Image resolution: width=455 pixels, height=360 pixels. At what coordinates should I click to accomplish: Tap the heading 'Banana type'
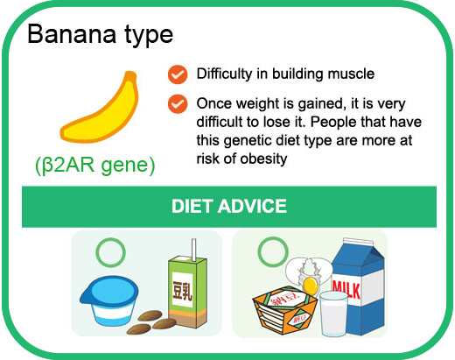(101, 35)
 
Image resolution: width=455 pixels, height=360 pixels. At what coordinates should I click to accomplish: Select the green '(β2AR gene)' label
(95, 165)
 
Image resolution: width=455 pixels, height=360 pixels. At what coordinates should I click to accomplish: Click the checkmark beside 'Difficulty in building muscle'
(178, 74)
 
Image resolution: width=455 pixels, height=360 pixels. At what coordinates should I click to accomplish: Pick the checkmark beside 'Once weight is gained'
(178, 104)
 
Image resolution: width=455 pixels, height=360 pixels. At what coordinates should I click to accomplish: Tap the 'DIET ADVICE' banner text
(229, 206)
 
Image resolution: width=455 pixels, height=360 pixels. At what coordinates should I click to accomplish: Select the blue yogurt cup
(108, 300)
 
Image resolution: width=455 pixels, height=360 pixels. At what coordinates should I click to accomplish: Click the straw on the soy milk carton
(193, 250)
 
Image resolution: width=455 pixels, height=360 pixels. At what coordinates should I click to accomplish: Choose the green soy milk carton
(187, 291)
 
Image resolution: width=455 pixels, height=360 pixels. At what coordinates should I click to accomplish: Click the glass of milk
(333, 314)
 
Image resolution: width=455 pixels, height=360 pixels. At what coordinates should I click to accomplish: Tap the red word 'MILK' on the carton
(346, 288)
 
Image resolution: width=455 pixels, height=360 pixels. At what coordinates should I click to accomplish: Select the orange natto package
(284, 310)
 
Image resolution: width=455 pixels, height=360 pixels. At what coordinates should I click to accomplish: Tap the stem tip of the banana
(130, 74)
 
